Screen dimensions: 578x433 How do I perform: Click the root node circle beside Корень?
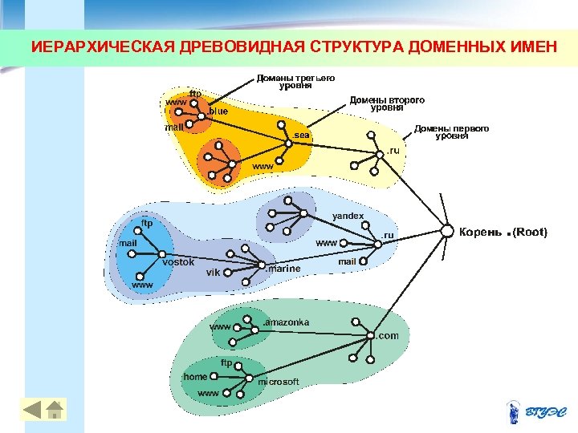[447, 232]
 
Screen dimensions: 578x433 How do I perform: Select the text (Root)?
[530, 232]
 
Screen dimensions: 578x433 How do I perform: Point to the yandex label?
[348, 216]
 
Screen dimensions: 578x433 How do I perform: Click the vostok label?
[178, 262]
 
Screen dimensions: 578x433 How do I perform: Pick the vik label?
[213, 273]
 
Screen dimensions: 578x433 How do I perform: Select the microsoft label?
[279, 381]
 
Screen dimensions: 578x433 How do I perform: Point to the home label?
[195, 376]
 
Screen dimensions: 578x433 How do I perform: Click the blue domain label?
[218, 111]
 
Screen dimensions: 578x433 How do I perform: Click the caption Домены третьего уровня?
[295, 82]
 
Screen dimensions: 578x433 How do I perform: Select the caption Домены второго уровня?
[386, 103]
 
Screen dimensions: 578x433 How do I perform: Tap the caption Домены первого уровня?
[451, 132]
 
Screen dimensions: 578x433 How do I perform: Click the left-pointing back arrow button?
[32, 409]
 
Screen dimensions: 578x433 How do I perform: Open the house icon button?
[55, 409]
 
